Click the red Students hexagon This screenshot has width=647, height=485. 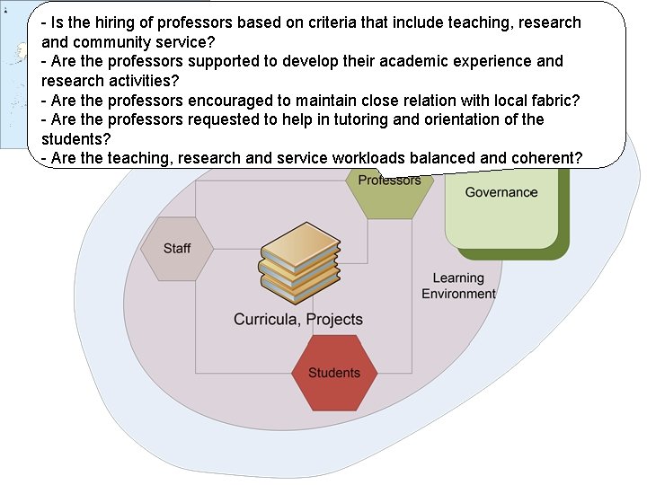(334, 373)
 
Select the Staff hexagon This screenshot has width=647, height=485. (177, 249)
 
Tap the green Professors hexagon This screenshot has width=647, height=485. (389, 190)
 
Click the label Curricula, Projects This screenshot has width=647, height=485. (298, 319)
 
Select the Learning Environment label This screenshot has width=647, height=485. (458, 286)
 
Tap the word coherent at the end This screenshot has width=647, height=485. (548, 158)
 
